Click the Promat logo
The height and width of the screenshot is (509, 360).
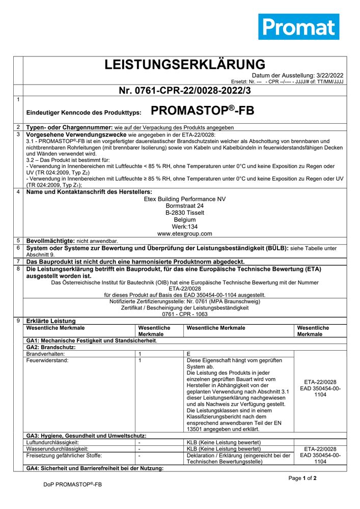click(298, 26)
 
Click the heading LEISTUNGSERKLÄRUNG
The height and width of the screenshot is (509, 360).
click(185, 65)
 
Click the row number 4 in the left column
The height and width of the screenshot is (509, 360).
click(18, 192)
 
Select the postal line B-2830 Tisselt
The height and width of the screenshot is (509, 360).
click(185, 213)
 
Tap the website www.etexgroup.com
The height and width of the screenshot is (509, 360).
click(185, 234)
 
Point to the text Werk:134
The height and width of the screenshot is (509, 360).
click(185, 227)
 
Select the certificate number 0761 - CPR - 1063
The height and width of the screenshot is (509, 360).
click(185, 315)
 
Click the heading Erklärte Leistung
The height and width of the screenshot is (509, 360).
click(50, 321)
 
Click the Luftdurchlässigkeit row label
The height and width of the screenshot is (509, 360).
click(52, 442)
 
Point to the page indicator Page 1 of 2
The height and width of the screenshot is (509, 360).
click(302, 478)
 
